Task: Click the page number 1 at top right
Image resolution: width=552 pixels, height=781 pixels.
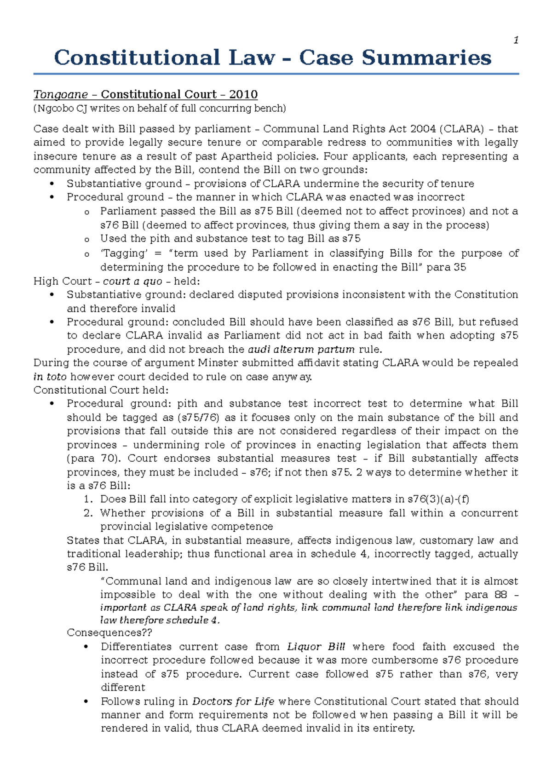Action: (x=516, y=40)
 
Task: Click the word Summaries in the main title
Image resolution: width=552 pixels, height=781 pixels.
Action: (x=426, y=58)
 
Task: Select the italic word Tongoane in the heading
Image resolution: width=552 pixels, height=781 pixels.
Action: (x=60, y=95)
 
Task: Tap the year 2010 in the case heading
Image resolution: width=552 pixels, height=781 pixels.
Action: (x=243, y=95)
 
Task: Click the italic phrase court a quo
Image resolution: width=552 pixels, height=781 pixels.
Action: (x=132, y=281)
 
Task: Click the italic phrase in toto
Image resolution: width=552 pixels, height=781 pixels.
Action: (x=50, y=377)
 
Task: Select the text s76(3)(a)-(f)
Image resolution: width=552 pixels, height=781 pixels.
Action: (x=438, y=500)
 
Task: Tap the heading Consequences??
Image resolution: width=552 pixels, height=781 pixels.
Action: (x=109, y=633)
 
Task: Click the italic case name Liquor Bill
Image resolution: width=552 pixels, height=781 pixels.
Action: (x=316, y=647)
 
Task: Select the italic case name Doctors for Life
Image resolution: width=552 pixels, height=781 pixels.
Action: (x=233, y=701)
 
